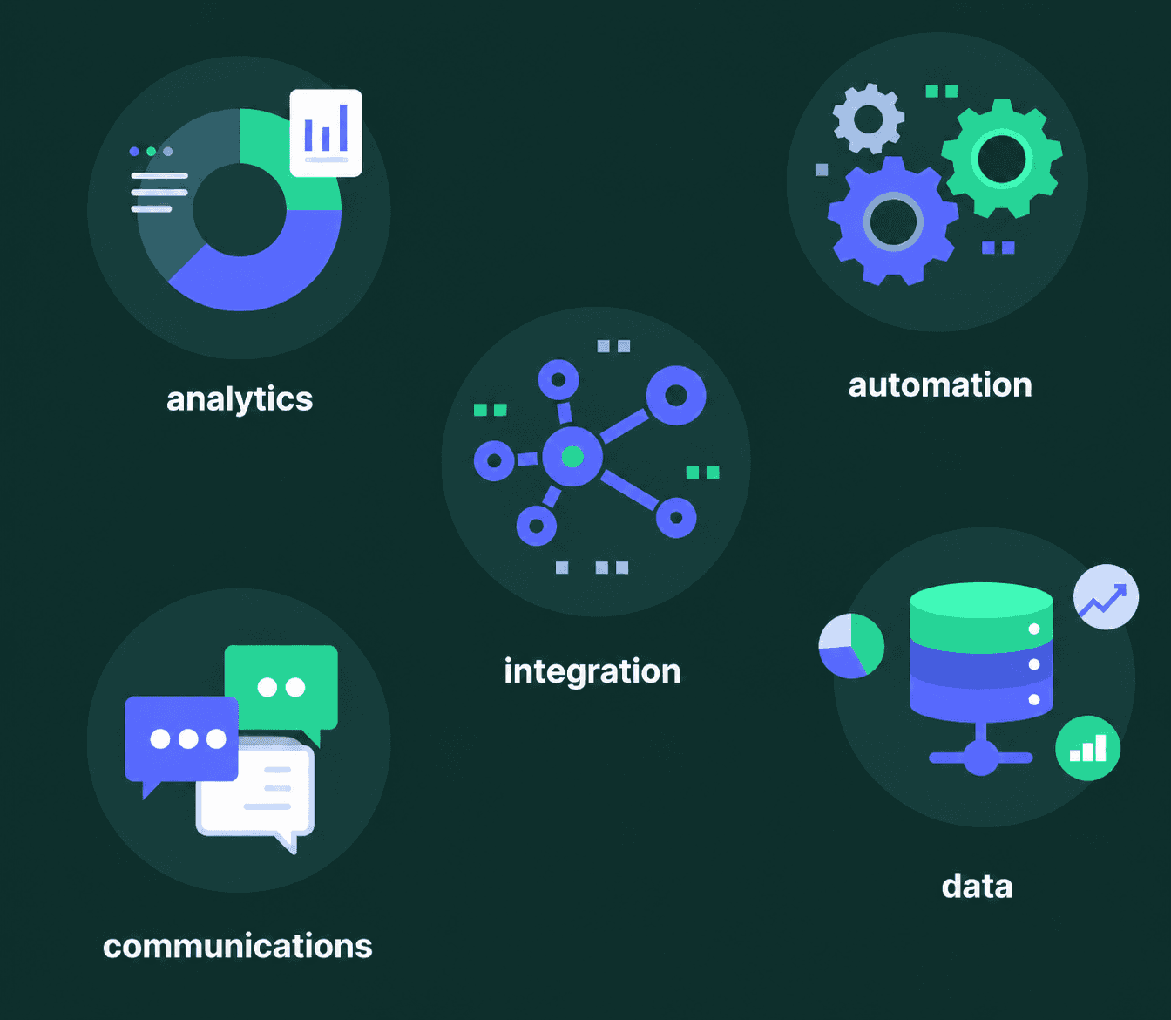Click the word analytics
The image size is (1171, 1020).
[x=240, y=399]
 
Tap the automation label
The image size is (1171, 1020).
[x=940, y=385]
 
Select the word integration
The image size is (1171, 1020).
[x=592, y=671]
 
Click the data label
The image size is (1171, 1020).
[x=977, y=887]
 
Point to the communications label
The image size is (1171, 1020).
[x=238, y=946]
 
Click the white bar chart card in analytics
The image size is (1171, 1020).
[x=326, y=133]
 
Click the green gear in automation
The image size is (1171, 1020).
[x=1002, y=159]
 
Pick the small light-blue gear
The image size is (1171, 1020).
[x=868, y=119]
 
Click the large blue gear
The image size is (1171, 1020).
[x=893, y=222]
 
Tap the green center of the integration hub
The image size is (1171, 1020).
[x=572, y=456]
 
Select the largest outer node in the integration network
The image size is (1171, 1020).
[x=676, y=396]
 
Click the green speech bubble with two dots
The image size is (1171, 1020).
[x=281, y=685]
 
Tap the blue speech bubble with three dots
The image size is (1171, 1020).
[x=182, y=738]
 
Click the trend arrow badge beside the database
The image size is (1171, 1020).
[x=1106, y=597]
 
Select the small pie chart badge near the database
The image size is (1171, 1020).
[x=851, y=646]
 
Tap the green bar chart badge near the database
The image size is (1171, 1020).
[x=1087, y=748]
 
